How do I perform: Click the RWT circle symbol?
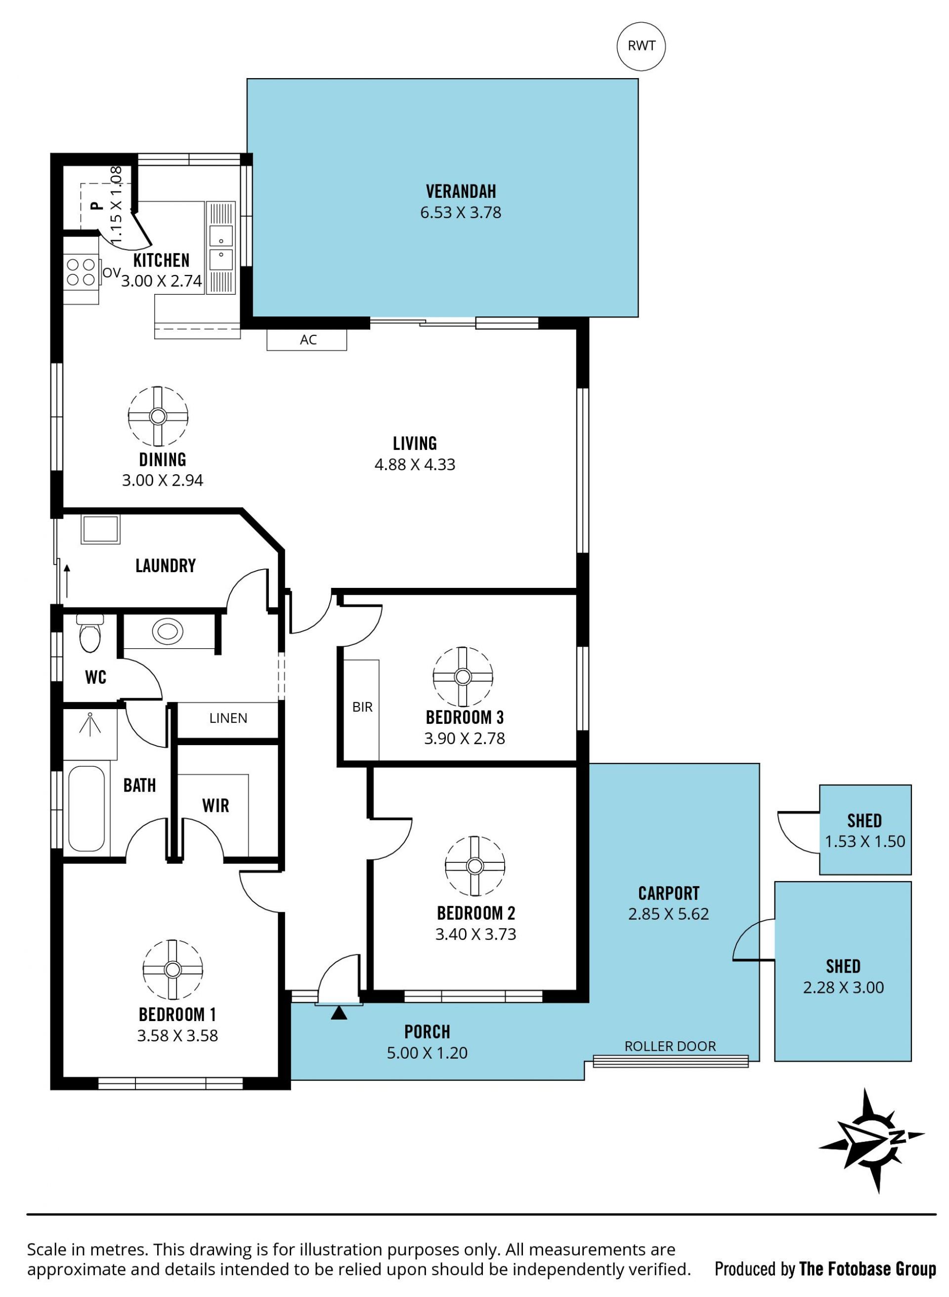[x=641, y=46]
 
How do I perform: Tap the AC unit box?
[x=307, y=340]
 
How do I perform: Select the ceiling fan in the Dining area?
[x=158, y=416]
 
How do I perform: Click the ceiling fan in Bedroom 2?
[x=474, y=865]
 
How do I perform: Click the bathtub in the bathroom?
[x=86, y=808]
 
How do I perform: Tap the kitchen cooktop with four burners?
[x=81, y=272]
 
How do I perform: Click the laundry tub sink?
[x=100, y=529]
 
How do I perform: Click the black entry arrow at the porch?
[x=339, y=1013]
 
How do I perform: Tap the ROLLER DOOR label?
[x=670, y=1046]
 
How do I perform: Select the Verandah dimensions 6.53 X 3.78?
[x=461, y=213]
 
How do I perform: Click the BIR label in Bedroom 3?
[x=362, y=708]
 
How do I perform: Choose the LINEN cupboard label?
[x=228, y=718]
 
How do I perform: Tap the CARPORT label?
[x=669, y=894]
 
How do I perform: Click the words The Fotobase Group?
[x=867, y=1269]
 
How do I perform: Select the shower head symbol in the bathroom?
[x=90, y=723]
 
